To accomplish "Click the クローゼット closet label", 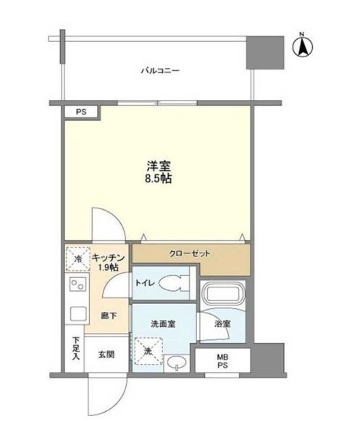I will pos(191,254).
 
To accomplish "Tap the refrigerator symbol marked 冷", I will pos(75,258).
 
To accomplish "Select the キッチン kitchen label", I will pos(110,258).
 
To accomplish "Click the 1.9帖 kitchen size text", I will pos(109,269).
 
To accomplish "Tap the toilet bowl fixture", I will pos(172,283).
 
